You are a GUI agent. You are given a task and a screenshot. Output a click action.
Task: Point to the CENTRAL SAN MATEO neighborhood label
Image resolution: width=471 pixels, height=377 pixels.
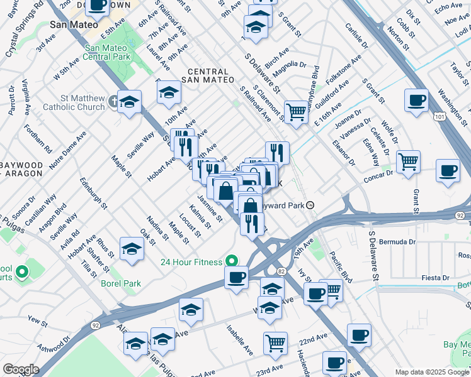(207, 75)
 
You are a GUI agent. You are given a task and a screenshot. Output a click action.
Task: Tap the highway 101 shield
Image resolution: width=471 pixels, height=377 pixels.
(441, 116)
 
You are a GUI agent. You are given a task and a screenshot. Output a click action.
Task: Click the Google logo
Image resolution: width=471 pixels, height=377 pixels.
(21, 369)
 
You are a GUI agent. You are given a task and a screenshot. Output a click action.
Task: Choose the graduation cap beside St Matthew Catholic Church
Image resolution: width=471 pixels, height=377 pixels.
(129, 101)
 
